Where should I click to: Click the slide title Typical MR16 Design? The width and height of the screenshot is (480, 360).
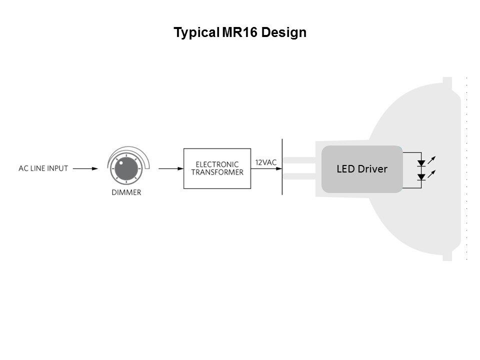coord(239,33)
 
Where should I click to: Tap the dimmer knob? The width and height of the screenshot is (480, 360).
coord(122,168)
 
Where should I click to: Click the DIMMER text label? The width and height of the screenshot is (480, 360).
coord(126,192)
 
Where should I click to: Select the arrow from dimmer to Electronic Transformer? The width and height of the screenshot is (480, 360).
coord(169,168)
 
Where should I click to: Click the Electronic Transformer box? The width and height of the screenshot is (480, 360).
coord(217,168)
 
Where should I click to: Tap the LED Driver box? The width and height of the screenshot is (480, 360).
coord(362,169)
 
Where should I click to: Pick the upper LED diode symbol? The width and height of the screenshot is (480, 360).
coord(421,162)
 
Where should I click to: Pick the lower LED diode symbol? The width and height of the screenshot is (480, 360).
coord(421,176)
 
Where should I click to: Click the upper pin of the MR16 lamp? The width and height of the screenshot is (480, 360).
coord(300,161)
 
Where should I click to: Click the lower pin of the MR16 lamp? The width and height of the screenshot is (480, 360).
coord(300,176)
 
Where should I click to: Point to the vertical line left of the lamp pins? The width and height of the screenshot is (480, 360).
coord(282,167)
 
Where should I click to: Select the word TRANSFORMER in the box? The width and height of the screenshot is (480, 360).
coord(217,172)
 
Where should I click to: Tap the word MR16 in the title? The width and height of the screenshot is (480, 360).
coord(239,33)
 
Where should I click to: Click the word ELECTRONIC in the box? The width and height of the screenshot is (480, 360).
coord(217,164)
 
